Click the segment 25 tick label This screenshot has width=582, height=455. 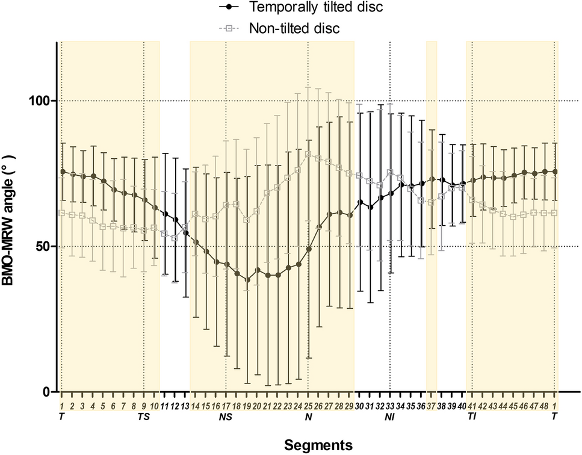coord(308,406)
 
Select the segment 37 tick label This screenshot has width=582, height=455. coord(432,406)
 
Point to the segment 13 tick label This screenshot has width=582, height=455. coord(185,406)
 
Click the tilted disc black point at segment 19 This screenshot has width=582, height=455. coord(247,280)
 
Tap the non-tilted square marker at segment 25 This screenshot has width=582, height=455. coord(308,154)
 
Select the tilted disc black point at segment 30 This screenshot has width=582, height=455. coord(360,202)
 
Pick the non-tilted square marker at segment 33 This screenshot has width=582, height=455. coord(390,173)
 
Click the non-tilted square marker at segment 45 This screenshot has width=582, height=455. coord(513,217)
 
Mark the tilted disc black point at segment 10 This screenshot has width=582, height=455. coord(155,208)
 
